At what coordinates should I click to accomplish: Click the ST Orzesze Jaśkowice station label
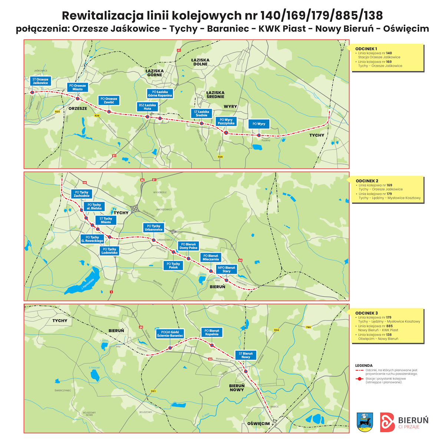coord(40,81)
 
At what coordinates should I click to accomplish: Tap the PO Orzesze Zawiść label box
coord(109,100)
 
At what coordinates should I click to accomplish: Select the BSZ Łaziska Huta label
coord(147,107)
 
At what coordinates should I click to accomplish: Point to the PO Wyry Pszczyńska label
coord(226,122)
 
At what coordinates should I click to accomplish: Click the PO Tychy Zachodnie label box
coord(82,194)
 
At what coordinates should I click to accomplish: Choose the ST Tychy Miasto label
coord(106,220)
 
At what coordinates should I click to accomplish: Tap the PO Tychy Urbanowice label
coord(154,228)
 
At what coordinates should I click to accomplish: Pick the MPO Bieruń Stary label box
coord(226,269)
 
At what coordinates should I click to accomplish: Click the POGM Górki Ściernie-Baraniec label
coord(170,334)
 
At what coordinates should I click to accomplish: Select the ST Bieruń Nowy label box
coord(245,355)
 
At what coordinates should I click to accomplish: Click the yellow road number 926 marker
coord(97,116)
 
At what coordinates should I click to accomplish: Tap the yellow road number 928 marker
coord(220,157)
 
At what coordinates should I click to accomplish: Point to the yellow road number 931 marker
coord(154,391)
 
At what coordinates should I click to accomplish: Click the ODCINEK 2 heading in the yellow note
coord(367,181)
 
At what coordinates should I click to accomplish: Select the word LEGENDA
coord(364,366)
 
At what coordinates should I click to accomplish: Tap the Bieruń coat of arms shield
coord(365,422)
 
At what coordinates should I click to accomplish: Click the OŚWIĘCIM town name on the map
coord(258,423)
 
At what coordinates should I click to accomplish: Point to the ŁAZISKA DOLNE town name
coord(200,62)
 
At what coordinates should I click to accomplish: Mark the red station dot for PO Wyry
coord(259,135)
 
